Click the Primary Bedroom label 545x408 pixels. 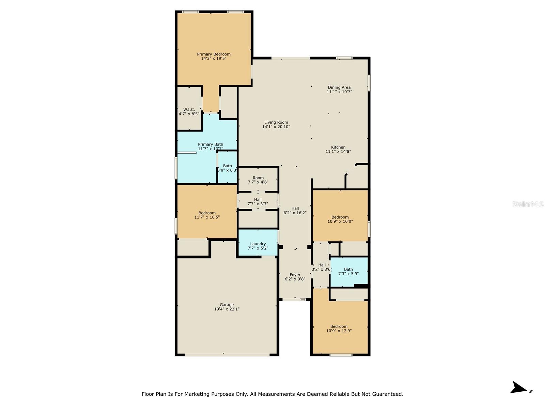(214, 54)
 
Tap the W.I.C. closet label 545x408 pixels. (189, 109)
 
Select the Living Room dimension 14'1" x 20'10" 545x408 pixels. (276, 127)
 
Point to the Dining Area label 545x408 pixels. (339, 87)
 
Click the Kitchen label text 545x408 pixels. (338, 147)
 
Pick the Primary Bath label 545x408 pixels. (211, 144)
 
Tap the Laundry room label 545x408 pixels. (258, 244)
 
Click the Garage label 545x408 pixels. (227, 305)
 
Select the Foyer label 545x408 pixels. (295, 275)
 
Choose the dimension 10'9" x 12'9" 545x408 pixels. (339, 331)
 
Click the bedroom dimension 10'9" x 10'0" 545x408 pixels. (340, 221)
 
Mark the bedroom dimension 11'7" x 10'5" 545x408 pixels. (207, 217)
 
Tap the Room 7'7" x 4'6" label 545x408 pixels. (258, 180)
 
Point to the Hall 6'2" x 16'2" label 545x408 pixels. (295, 210)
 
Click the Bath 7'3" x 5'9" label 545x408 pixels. (348, 272)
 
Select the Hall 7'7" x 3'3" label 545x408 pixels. (258, 202)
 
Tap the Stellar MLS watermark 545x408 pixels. (528, 204)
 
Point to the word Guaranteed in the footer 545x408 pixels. (390, 394)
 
